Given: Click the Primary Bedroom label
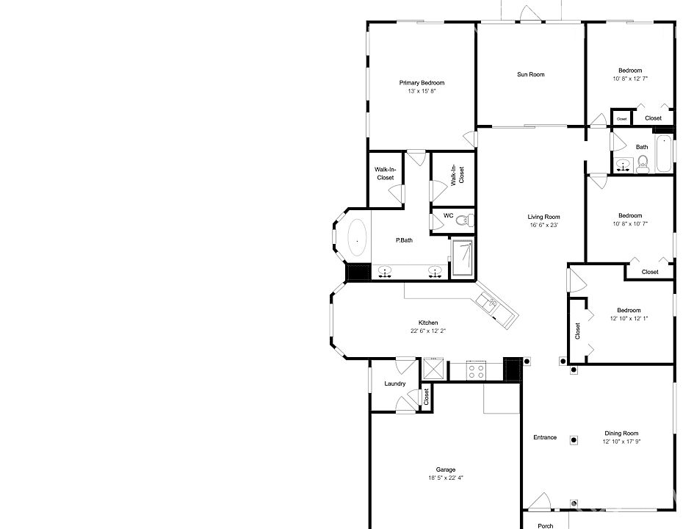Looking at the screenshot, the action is click(422, 83).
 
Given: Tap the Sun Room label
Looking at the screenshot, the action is click(531, 74).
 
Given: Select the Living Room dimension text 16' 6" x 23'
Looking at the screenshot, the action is click(544, 225).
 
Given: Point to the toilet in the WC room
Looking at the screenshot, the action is click(465, 220).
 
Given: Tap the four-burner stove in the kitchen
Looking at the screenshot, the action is click(476, 370).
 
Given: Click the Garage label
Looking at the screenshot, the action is click(446, 469).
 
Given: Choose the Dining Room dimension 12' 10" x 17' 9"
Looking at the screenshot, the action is click(621, 442).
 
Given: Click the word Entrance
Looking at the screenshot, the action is click(545, 437).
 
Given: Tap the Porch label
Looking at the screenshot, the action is click(545, 526).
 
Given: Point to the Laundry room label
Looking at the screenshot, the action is click(395, 384).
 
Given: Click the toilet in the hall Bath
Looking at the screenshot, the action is click(643, 165).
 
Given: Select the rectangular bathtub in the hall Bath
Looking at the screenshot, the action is click(664, 154).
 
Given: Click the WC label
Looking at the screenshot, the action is click(449, 215).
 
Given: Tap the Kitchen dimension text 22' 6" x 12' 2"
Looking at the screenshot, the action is click(428, 331).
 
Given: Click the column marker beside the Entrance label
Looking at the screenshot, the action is click(574, 440).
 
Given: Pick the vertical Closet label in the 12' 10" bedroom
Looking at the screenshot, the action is click(577, 331).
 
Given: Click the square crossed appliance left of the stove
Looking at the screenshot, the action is click(432, 369).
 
